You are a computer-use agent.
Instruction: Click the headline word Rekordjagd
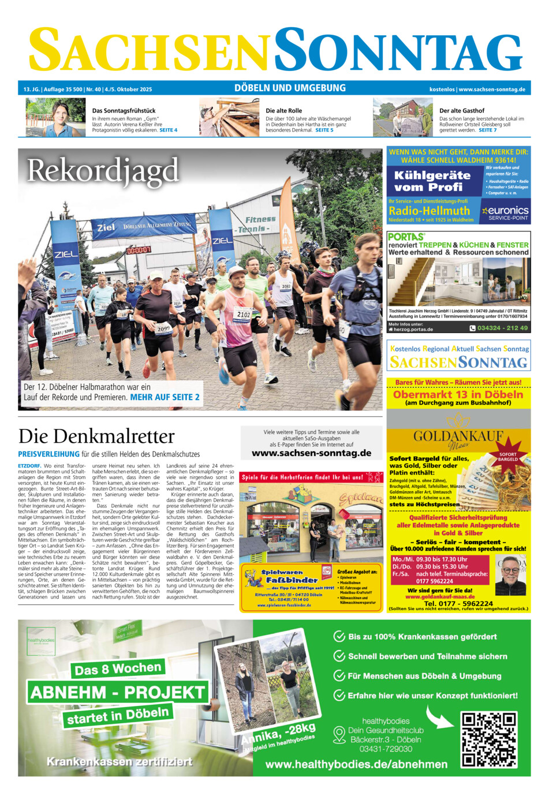[103, 171]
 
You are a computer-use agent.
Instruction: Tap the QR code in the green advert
[488, 739]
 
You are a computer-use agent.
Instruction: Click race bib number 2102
[244, 315]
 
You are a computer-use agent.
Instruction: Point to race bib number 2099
[164, 328]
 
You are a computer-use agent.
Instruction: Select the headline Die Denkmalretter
[96, 436]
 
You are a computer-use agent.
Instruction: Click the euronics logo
[506, 211]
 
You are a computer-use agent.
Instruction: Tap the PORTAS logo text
[406, 237]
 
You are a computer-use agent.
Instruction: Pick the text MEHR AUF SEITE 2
[165, 397]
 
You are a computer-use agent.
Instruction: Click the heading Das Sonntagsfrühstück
[124, 110]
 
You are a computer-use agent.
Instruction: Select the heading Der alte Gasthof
[462, 110]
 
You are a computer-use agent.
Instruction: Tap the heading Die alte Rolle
[283, 110]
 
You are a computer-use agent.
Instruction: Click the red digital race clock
[139, 251]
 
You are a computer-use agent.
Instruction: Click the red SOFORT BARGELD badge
[508, 457]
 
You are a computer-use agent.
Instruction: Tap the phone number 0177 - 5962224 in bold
[458, 603]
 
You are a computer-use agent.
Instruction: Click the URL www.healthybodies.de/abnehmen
[356, 764]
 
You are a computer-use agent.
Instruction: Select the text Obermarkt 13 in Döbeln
[458, 395]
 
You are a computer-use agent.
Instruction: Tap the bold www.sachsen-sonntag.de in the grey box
[311, 453]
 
